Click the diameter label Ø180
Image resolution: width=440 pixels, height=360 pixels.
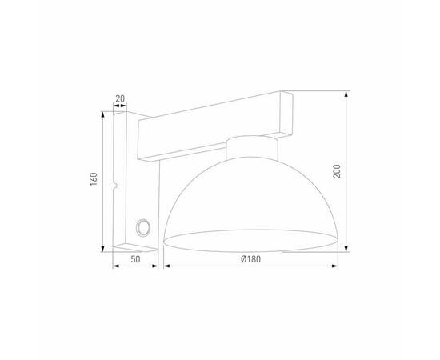point(250,260)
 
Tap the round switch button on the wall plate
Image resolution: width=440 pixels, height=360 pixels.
point(144,228)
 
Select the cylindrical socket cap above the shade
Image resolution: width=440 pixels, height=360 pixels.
point(250,149)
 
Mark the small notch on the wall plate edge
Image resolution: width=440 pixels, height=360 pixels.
point(116,187)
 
